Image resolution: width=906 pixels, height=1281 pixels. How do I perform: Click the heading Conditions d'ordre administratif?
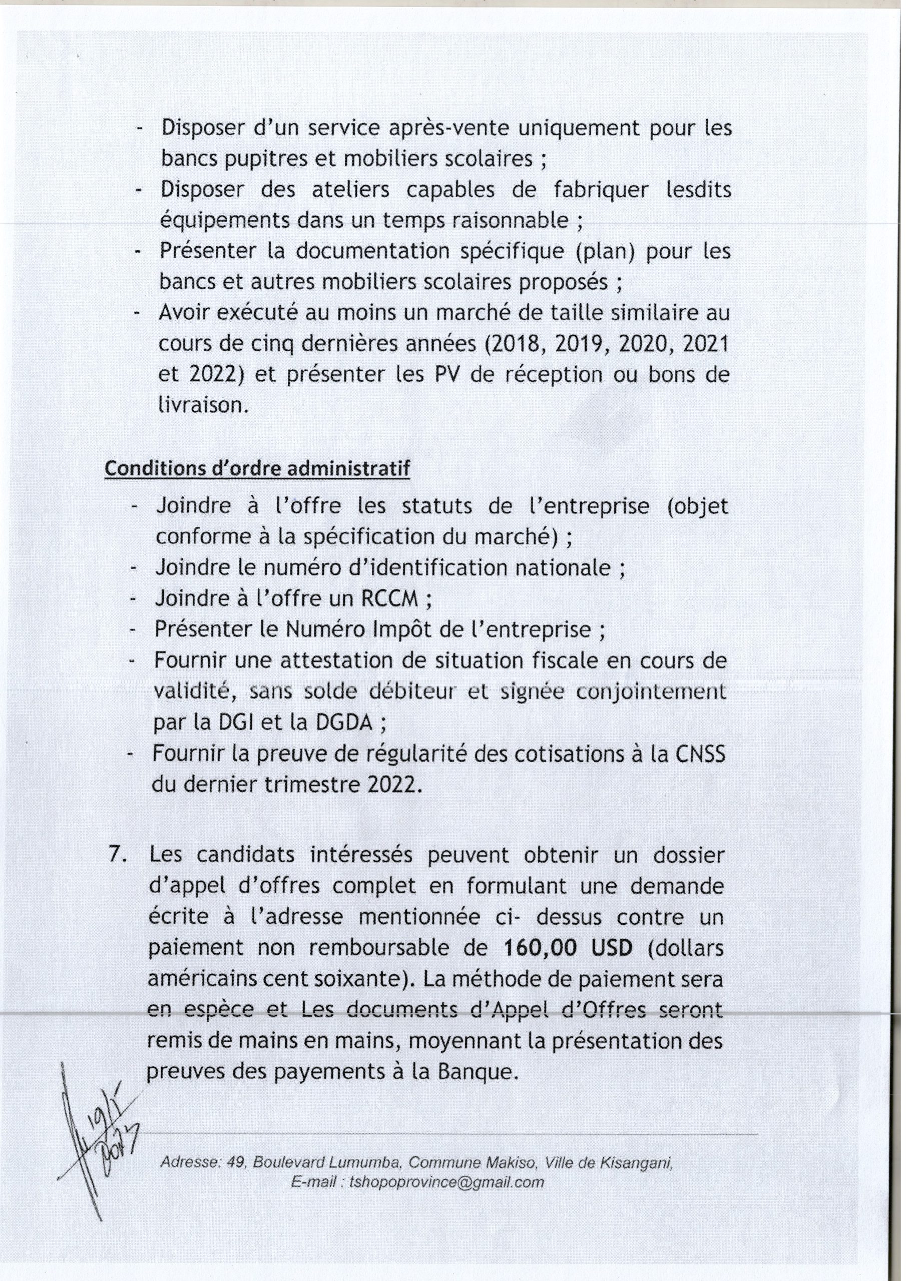(x=257, y=469)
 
